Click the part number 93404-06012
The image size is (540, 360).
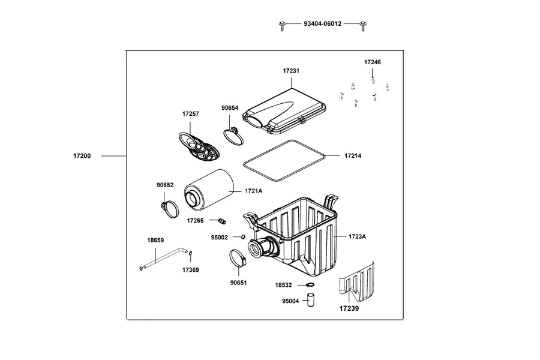pyautogui.click(x=322, y=24)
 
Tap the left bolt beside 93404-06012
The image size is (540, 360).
pyautogui.click(x=282, y=25)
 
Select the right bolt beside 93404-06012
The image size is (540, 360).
pyautogui.click(x=362, y=25)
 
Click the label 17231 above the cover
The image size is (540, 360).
pyautogui.click(x=291, y=71)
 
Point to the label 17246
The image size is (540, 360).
pyautogui.click(x=372, y=62)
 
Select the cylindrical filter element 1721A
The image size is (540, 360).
pyautogui.click(x=209, y=189)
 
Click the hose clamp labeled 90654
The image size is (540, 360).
pyautogui.click(x=233, y=136)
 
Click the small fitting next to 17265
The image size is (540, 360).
pyautogui.click(x=223, y=220)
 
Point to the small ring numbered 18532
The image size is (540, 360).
pyautogui.click(x=310, y=285)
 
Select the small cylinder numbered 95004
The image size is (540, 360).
pyautogui.click(x=310, y=300)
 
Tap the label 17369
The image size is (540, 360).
pyautogui.click(x=190, y=270)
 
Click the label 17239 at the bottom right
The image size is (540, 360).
pyautogui.click(x=349, y=308)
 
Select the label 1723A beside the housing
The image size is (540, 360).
pyautogui.click(x=357, y=236)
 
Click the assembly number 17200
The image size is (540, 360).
pyautogui.click(x=82, y=156)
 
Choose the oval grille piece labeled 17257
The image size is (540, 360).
pyautogui.click(x=199, y=146)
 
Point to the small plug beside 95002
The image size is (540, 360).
pyautogui.click(x=243, y=236)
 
